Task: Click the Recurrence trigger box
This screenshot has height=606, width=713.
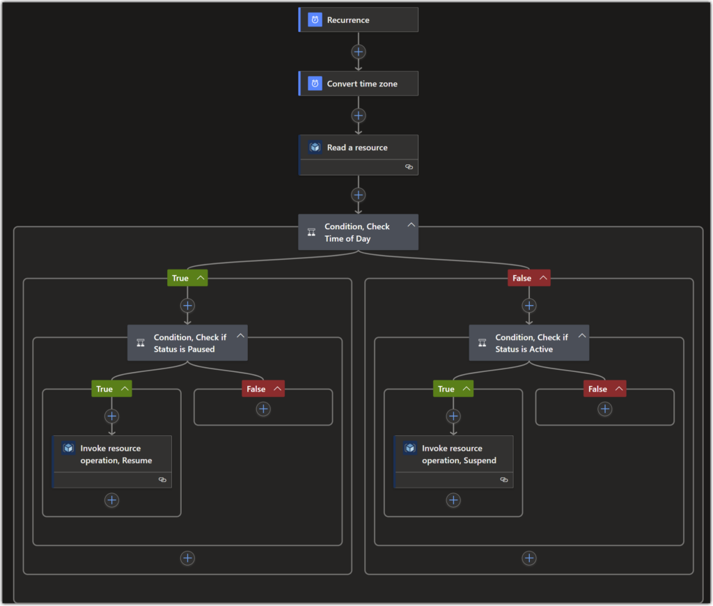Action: (359, 20)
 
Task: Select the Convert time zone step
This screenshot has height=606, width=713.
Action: (359, 84)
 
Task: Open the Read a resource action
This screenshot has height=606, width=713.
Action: (359, 148)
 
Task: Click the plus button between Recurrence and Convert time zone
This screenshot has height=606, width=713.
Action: (359, 52)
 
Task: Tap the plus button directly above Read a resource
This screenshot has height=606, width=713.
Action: (359, 116)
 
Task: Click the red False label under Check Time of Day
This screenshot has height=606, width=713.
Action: (522, 278)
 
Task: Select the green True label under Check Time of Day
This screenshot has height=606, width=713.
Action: (180, 278)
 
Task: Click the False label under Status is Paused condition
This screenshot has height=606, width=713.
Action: (256, 389)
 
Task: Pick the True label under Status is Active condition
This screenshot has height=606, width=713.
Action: (446, 389)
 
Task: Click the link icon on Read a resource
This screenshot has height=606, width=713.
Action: (409, 167)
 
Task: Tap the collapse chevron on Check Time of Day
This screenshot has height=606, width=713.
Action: (411, 225)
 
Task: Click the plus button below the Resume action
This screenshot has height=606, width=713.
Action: (111, 500)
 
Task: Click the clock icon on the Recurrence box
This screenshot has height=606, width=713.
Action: (315, 20)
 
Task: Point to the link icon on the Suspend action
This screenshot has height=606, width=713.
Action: (504, 480)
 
